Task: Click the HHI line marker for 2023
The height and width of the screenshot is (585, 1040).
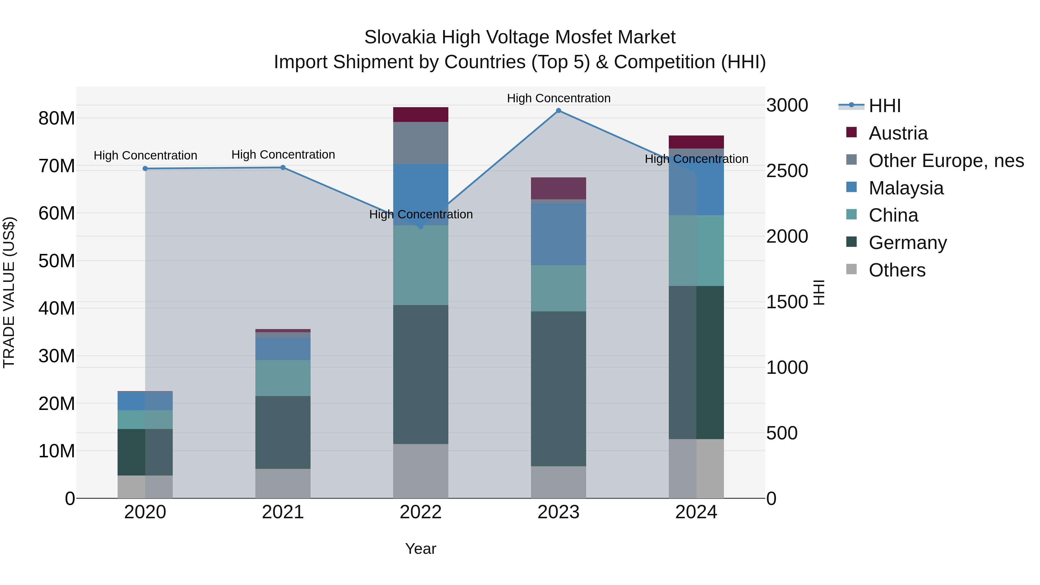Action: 558,111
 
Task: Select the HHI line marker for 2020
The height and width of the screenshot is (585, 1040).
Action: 145,169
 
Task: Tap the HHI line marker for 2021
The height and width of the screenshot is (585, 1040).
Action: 283,168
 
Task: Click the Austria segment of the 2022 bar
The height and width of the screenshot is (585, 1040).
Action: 421,115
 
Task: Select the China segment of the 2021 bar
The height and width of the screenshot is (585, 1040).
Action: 283,378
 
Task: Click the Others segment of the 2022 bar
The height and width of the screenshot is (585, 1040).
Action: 421,471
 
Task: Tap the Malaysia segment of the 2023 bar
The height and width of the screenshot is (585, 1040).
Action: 558,234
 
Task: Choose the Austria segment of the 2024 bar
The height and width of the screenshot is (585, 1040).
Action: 696,142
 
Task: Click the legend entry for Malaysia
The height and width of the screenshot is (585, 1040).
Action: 906,188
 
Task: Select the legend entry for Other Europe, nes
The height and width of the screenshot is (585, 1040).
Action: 946,161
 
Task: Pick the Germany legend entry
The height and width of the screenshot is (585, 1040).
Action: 908,243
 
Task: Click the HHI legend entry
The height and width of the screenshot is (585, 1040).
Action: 885,106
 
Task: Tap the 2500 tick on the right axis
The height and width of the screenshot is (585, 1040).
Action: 787,171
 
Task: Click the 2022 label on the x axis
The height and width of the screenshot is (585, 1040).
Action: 421,512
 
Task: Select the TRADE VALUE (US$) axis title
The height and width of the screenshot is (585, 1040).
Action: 9,292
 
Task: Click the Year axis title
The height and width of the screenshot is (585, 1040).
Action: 421,549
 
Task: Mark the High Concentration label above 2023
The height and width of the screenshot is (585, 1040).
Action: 558,98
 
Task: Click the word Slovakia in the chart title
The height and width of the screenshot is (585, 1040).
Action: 400,37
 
